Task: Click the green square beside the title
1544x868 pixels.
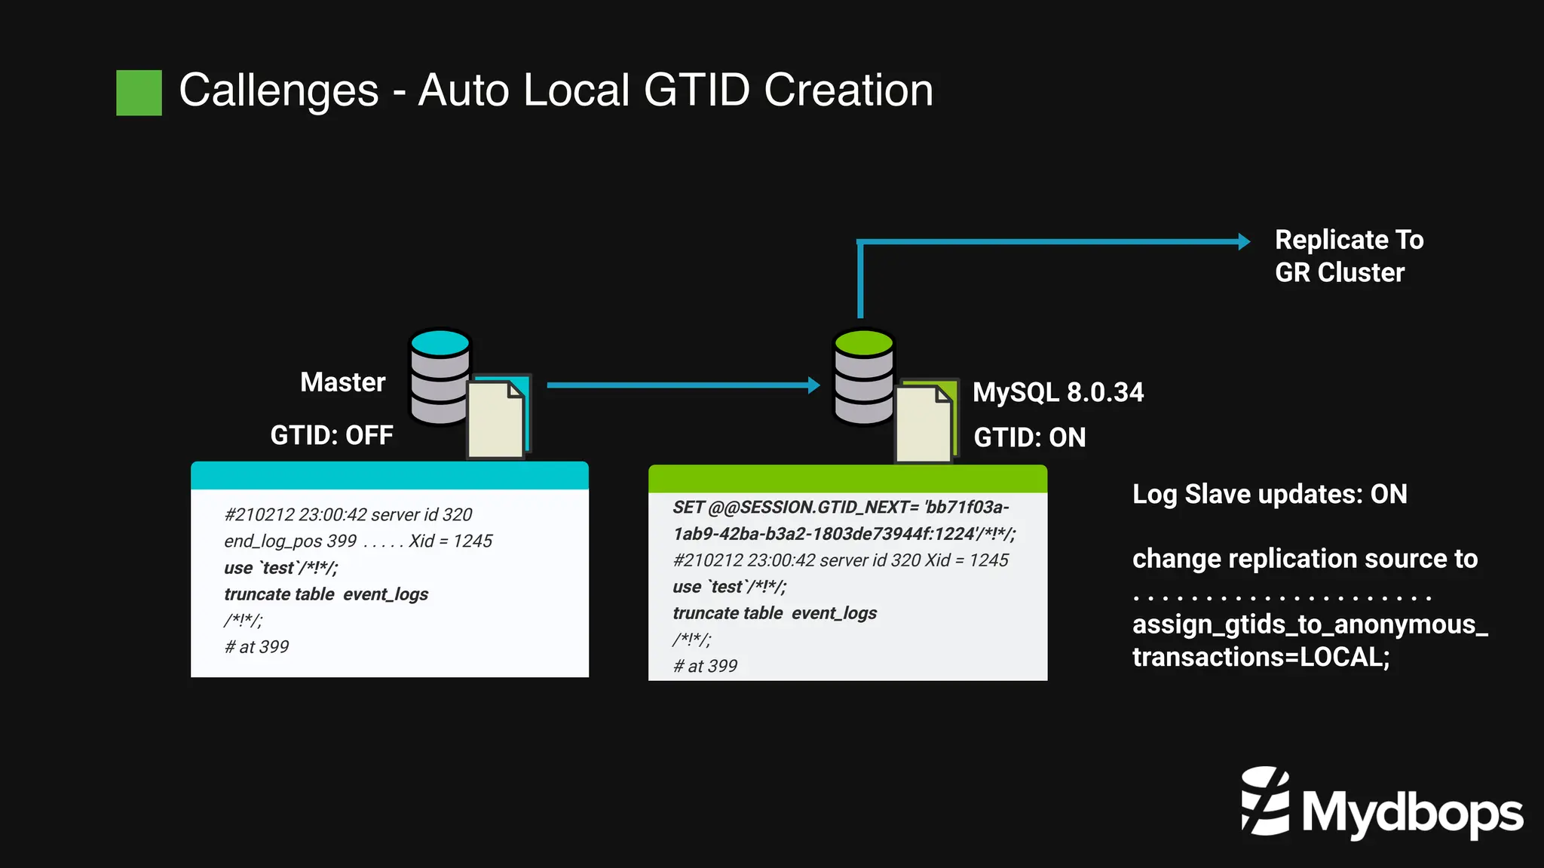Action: pyautogui.click(x=139, y=93)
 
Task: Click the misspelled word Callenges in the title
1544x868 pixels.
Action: pyautogui.click(x=278, y=90)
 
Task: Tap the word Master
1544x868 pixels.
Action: pyautogui.click(x=342, y=382)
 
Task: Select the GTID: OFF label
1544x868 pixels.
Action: pyautogui.click(x=332, y=435)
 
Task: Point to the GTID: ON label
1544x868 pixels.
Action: pyautogui.click(x=1029, y=437)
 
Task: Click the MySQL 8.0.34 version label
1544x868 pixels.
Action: pyautogui.click(x=1058, y=392)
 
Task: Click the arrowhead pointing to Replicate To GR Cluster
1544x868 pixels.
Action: pyautogui.click(x=1244, y=241)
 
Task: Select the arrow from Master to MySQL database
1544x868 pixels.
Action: pyautogui.click(x=682, y=385)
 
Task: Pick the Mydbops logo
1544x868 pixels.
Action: pyautogui.click(x=1381, y=805)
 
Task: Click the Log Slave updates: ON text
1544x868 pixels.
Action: pyautogui.click(x=1270, y=494)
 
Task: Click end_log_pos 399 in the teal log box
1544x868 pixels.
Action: pyautogui.click(x=290, y=541)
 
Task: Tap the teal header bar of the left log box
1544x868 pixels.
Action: pyautogui.click(x=389, y=476)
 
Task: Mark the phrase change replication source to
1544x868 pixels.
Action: pyautogui.click(x=1304, y=559)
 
